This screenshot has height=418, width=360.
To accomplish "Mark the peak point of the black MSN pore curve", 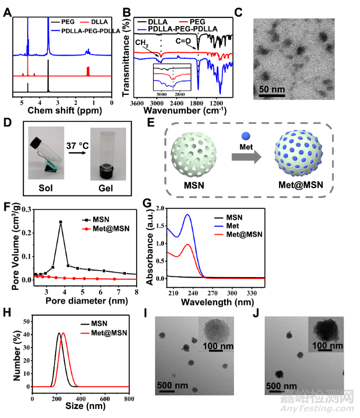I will (61, 222).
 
